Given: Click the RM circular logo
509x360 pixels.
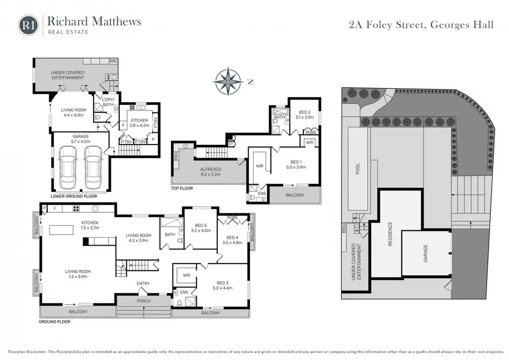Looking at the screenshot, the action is [x=28, y=25].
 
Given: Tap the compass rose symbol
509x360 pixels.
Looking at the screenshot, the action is [x=229, y=81].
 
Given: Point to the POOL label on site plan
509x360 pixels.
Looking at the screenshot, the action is [x=358, y=169].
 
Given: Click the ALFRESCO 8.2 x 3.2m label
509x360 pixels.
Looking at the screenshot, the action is [x=210, y=172].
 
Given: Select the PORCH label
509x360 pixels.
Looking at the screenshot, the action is [x=144, y=301].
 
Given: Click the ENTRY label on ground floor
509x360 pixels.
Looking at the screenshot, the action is [x=143, y=283].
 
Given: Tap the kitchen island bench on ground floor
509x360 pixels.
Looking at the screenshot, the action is [x=61, y=230].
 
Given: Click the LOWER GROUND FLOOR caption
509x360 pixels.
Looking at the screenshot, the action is [x=74, y=196].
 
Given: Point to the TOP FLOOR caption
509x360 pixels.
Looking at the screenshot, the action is [x=182, y=188].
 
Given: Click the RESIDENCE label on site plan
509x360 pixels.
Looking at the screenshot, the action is [x=390, y=234].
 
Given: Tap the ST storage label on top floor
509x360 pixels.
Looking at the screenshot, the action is [x=231, y=144].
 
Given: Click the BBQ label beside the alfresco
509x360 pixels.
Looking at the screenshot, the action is [x=176, y=156].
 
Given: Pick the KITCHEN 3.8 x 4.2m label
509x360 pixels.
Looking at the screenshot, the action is [x=139, y=123].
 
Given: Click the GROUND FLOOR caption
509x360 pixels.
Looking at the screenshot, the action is [x=55, y=322].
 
